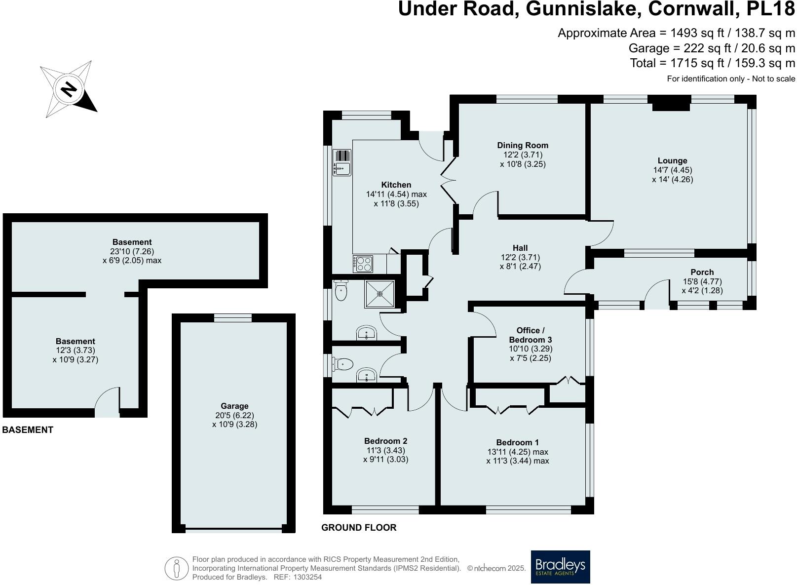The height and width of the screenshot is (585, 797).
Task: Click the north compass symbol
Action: tap(69, 89)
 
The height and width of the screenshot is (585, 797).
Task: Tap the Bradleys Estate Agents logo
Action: tap(560, 567)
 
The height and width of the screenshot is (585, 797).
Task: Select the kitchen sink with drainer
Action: tap(342, 162)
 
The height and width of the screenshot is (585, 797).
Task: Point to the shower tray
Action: tap(380, 294)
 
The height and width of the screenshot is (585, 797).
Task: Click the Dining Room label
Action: tap(523, 145)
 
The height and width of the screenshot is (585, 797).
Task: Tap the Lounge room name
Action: tap(672, 160)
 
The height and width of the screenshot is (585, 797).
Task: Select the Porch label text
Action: tap(702, 272)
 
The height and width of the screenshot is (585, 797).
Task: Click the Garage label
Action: tap(234, 406)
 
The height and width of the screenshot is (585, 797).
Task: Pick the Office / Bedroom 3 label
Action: tap(530, 335)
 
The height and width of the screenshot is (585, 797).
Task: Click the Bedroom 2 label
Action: tap(385, 441)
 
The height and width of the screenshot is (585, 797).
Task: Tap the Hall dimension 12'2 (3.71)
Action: tap(520, 257)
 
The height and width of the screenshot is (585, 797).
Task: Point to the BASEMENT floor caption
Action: tap(28, 429)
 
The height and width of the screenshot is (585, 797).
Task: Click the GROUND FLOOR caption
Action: tap(359, 527)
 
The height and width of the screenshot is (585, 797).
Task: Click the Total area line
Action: tap(712, 63)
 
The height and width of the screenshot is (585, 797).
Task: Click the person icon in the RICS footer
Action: tap(176, 568)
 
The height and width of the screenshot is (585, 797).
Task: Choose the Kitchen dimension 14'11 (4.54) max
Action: tap(396, 194)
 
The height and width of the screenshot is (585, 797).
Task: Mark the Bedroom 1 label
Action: tap(517, 442)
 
